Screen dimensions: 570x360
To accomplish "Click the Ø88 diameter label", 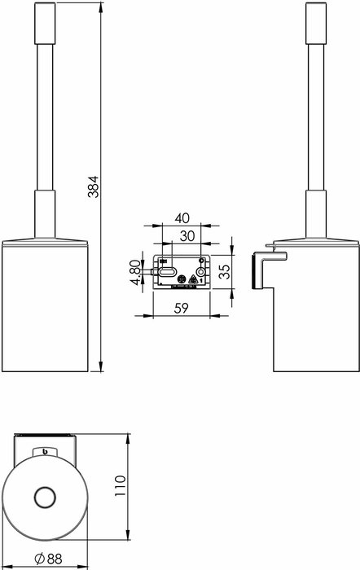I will [x=48, y=560].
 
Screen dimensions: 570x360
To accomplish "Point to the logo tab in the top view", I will [x=45, y=450].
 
